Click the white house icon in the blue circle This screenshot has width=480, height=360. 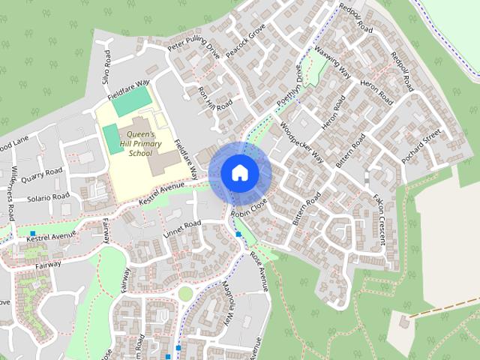(x=239, y=172)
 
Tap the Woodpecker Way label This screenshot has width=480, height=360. (x=301, y=141)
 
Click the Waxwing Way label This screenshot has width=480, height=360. (x=332, y=63)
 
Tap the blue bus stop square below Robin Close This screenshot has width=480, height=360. (x=238, y=235)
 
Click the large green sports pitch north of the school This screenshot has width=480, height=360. (x=131, y=100)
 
